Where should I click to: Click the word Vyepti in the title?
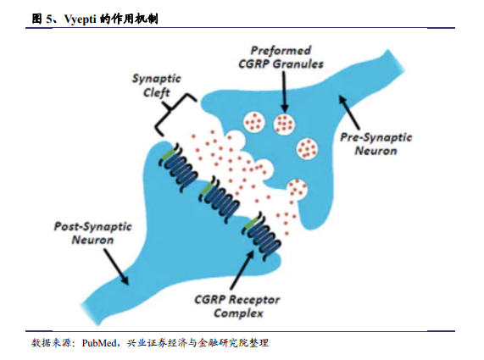click(81, 19)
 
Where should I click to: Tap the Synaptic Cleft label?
click(157, 86)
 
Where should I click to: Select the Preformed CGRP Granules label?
click(281, 57)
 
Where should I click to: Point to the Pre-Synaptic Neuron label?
click(376, 144)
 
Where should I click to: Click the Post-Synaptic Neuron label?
click(93, 233)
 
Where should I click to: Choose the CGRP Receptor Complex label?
click(237, 307)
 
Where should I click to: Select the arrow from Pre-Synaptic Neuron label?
click(350, 113)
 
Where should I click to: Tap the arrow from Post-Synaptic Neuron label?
click(116, 267)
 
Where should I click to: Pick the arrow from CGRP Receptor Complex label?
click(242, 269)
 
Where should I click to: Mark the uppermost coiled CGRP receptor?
click(178, 167)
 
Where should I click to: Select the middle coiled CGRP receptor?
click(220, 199)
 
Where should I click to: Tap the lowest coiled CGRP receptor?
click(263, 235)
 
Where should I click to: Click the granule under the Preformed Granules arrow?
click(284, 124)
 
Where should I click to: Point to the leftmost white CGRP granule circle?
click(254, 122)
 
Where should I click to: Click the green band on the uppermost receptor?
click(167, 155)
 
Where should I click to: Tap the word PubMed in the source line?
click(99, 343)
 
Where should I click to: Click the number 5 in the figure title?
click(49, 19)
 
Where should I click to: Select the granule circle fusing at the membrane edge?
click(297, 189)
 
